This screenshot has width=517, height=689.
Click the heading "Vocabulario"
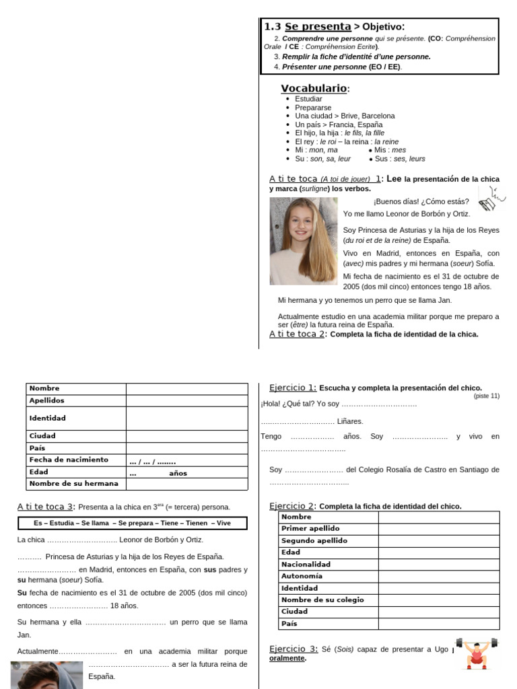coord(314,89)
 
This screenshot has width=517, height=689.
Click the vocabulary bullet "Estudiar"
coord(308,99)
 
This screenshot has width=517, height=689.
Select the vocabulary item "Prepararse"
coord(313,107)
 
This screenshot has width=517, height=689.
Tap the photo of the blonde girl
coord(304,241)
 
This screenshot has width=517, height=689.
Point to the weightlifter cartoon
coord(477,653)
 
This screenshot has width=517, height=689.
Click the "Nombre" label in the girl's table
coord(44,388)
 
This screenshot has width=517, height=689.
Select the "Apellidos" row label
coord(46,400)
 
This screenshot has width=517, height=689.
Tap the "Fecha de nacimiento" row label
coord(69,460)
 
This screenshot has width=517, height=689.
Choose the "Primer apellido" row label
coord(310,529)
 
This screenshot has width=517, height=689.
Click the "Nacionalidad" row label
coord(306,565)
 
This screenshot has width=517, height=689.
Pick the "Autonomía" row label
coord(302,576)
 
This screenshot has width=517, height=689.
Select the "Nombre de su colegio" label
coord(322,600)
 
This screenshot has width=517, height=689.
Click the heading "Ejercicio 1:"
coord(293,388)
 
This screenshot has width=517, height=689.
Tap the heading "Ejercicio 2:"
coord(293,506)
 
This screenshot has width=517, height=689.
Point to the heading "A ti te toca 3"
coord(45,507)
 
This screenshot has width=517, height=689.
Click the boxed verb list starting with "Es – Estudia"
coord(132,523)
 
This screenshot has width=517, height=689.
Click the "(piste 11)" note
coord(486,396)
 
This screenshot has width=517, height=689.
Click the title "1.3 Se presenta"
coord(308,27)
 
